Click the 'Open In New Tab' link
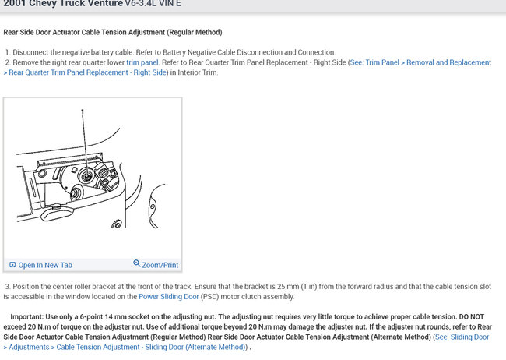(45, 265)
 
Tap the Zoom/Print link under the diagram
(160, 265)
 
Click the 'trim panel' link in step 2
(142, 62)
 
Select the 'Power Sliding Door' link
(169, 296)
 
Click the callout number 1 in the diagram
(83, 111)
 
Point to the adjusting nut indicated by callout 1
(88, 176)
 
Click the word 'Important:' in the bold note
(26, 316)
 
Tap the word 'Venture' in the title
(104, 4)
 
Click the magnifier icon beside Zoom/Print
(137, 263)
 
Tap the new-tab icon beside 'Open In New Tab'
(12, 265)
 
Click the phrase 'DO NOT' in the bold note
(472, 316)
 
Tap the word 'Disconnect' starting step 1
(30, 52)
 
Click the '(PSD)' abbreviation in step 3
(209, 296)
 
